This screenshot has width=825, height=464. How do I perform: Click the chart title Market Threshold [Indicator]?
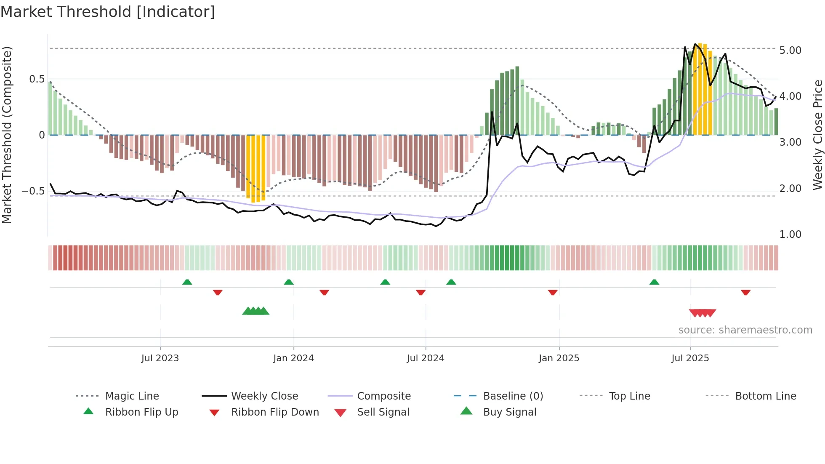[108, 12]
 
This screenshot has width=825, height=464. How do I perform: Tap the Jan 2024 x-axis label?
[293, 358]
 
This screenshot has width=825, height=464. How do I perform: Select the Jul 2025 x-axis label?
[690, 358]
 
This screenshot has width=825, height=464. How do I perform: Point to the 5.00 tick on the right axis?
[790, 51]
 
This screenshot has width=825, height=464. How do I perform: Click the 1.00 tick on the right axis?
[790, 235]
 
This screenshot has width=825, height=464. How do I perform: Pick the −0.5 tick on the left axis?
[33, 191]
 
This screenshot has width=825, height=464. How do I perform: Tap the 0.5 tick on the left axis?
[37, 79]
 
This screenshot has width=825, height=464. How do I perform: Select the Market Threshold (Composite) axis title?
[7, 135]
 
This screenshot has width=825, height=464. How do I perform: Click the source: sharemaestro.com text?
[745, 330]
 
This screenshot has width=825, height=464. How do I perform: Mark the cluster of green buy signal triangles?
[255, 311]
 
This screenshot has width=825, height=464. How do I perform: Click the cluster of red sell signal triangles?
[702, 313]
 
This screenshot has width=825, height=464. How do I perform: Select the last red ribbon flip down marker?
[745, 292]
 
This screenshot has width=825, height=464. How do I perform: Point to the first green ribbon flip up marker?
[187, 282]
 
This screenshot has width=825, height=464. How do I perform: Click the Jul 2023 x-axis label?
[160, 358]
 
